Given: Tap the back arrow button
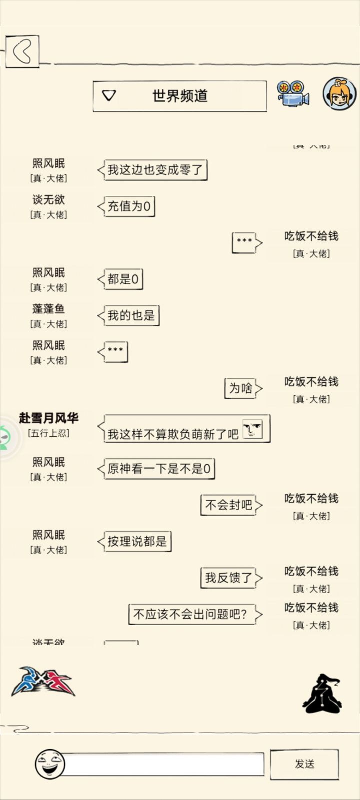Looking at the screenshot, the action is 22,51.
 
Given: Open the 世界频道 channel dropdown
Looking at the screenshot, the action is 179,96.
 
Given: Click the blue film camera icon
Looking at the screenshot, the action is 293,93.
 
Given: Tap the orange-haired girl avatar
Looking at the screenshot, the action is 339,93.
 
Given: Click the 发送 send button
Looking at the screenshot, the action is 304,764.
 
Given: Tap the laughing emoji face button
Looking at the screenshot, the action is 49,764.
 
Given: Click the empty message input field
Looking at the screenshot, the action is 163,764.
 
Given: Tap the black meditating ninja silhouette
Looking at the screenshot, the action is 321,693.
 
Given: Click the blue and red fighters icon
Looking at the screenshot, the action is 43,682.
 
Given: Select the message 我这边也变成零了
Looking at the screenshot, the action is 152,169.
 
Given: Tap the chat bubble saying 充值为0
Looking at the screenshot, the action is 126,206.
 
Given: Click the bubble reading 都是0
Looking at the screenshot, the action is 120,279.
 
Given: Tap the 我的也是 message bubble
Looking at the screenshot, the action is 128,315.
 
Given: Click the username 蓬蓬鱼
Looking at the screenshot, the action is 48,309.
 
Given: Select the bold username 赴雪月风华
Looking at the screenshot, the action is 48,418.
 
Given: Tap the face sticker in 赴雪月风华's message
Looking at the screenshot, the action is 252,429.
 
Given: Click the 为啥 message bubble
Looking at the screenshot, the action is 243,388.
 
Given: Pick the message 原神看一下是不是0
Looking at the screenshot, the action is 156,469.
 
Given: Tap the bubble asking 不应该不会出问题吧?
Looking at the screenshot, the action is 195,614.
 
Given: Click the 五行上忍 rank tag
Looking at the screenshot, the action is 48,434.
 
